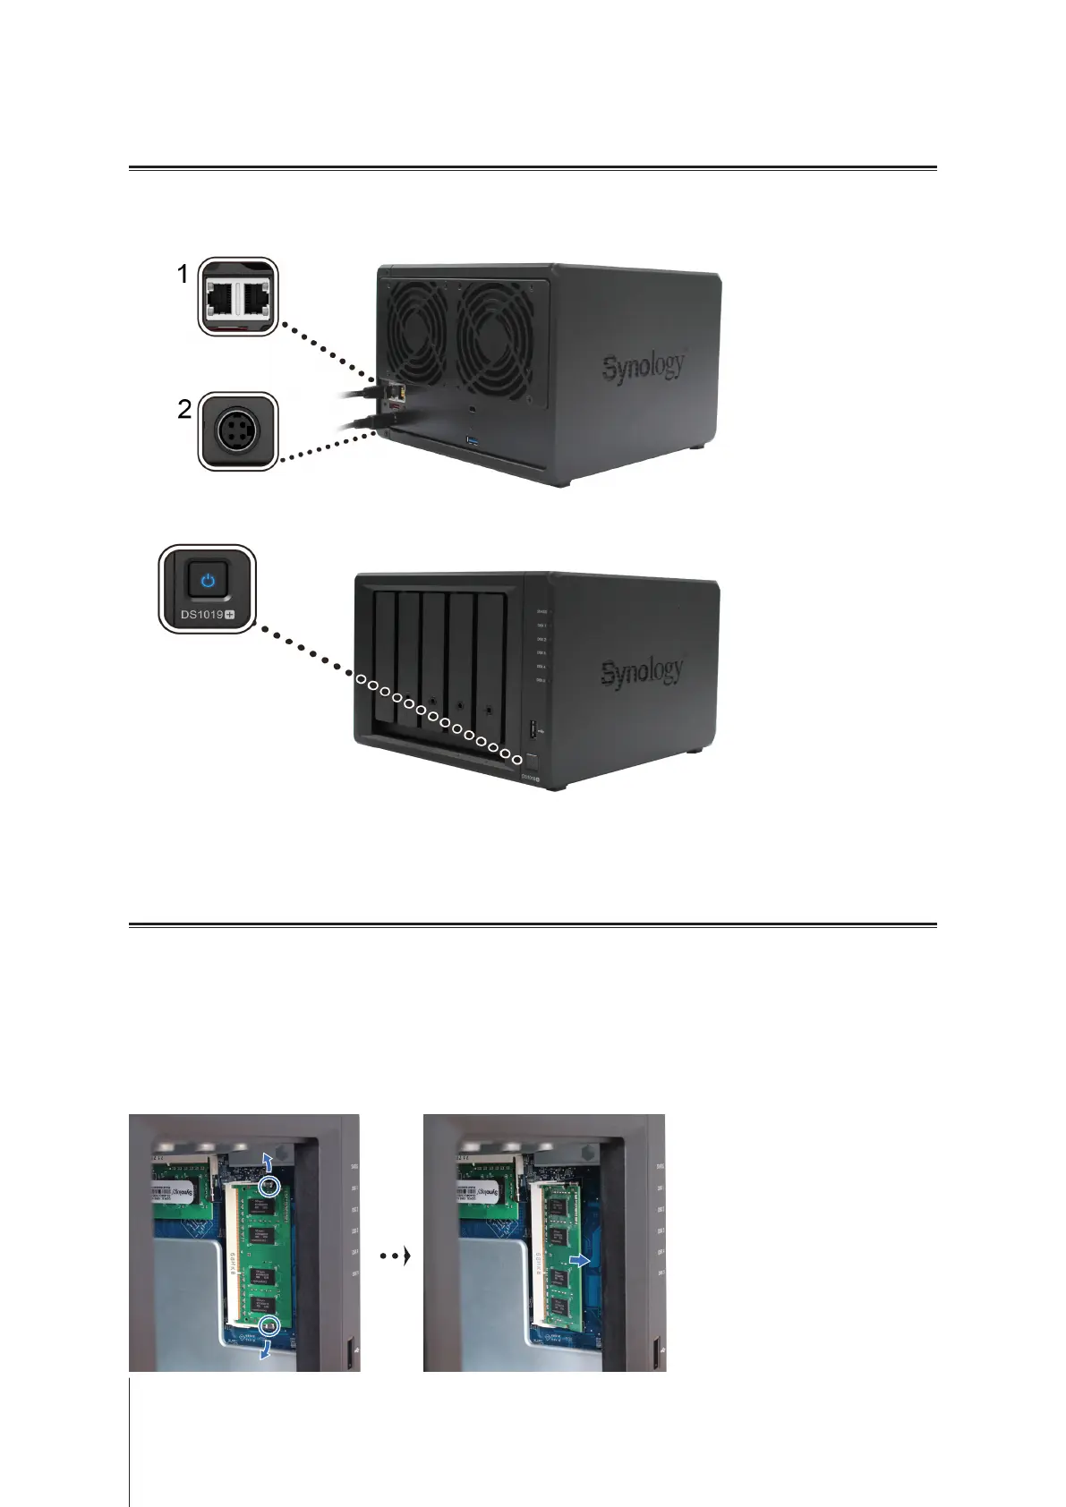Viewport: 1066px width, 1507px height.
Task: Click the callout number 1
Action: pos(183,275)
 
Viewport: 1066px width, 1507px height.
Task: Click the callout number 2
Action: pos(184,410)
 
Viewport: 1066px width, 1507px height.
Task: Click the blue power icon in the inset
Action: pos(208,580)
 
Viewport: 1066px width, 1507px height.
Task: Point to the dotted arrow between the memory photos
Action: pos(395,1256)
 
